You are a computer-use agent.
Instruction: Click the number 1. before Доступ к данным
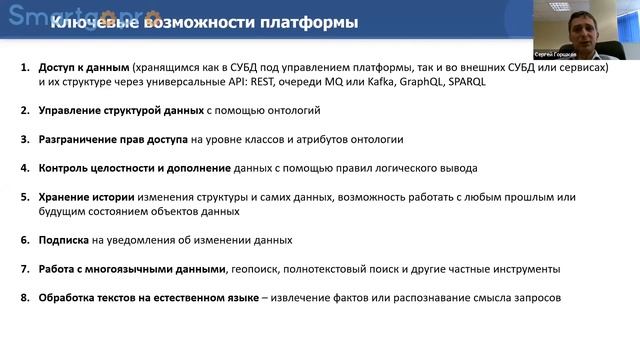click(26, 68)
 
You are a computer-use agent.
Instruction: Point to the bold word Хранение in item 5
click(65, 197)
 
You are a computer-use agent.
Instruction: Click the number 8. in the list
click(26, 297)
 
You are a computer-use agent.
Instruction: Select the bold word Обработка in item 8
click(69, 297)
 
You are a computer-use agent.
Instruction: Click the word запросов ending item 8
click(536, 297)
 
